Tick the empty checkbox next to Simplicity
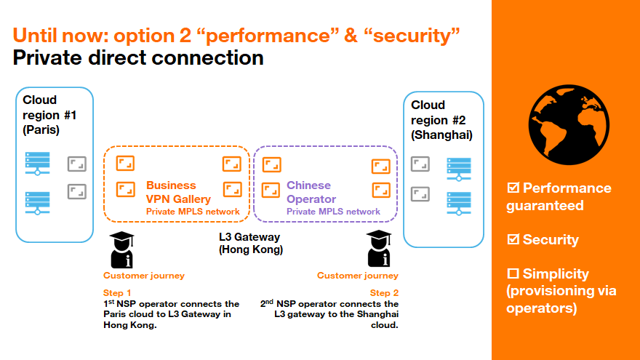513,273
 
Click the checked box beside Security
513,239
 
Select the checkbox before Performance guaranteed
513,188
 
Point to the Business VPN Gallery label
178,192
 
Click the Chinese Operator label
311,192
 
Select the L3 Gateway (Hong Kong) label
250,243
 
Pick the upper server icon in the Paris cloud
38,164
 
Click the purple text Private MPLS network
333,212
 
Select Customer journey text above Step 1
144,276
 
